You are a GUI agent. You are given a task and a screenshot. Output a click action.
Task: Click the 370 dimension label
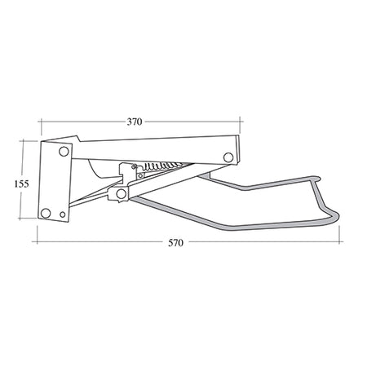pyautogui.click(x=135, y=122)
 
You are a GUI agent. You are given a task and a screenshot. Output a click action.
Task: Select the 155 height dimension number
pyautogui.click(x=23, y=183)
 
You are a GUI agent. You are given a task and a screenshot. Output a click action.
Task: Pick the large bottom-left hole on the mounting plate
pyautogui.click(x=46, y=213)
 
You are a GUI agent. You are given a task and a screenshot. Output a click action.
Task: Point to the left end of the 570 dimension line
pyautogui.click(x=38, y=242)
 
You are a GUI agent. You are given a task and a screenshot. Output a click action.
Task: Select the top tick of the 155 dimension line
pyautogui.click(x=23, y=141)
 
